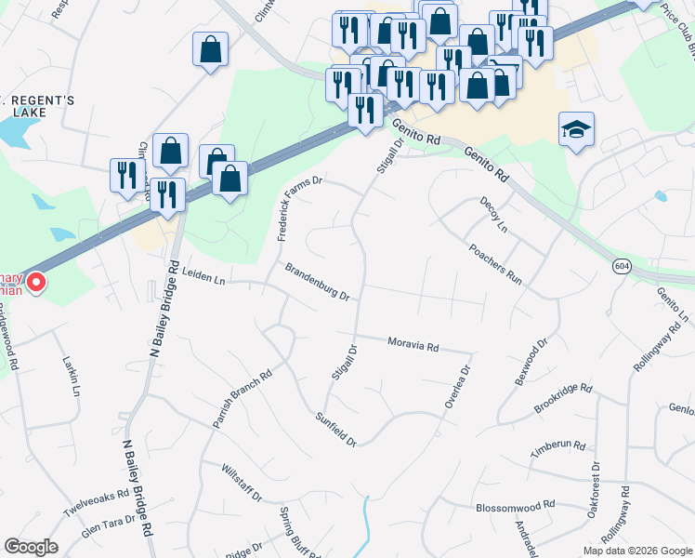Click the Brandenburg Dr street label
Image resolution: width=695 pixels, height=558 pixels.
(x=317, y=283)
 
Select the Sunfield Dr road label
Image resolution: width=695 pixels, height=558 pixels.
(x=336, y=430)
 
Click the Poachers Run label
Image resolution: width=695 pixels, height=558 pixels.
(x=495, y=264)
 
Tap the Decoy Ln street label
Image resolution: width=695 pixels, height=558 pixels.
(x=494, y=215)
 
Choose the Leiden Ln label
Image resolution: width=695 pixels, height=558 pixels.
(x=204, y=276)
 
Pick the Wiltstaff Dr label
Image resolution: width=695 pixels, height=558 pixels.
(x=242, y=484)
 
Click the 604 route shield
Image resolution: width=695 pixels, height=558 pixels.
(x=622, y=266)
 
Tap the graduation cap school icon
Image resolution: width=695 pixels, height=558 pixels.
(x=576, y=130)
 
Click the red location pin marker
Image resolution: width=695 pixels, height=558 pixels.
(x=36, y=280)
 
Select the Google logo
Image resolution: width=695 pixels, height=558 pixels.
(x=31, y=547)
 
